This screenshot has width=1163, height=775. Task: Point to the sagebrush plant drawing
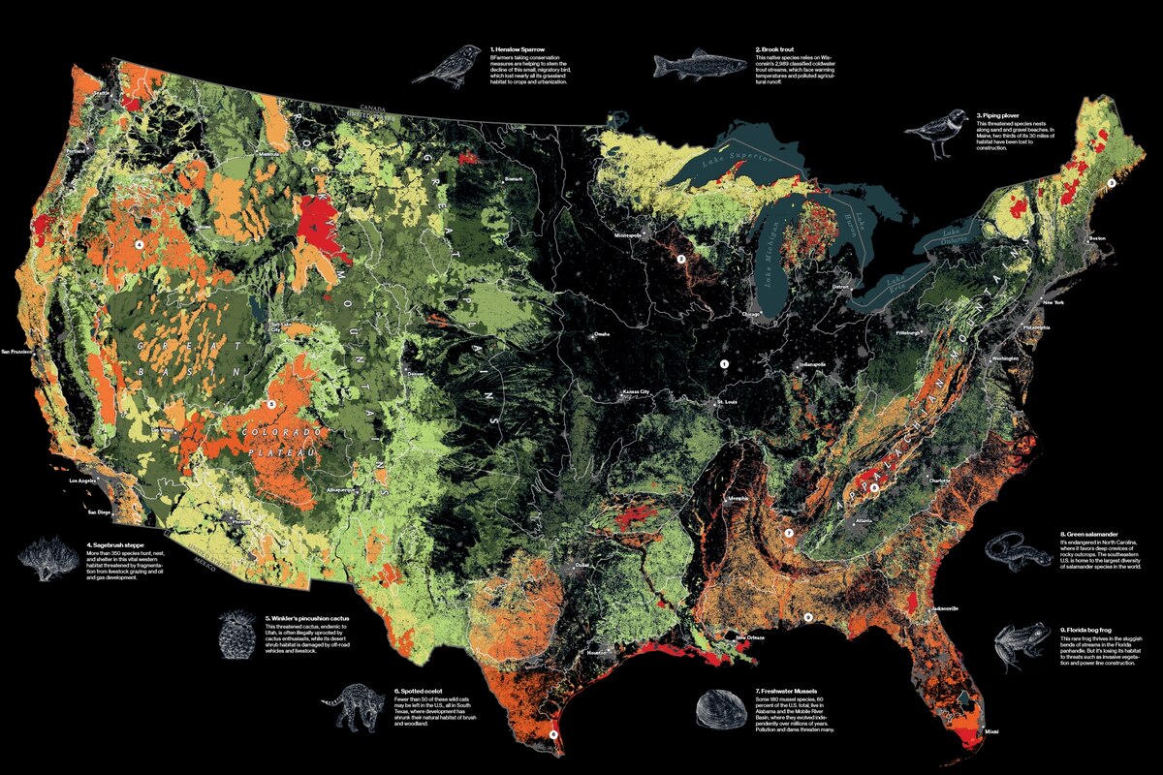click(x=47, y=560)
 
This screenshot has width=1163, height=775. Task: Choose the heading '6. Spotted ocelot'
click(x=420, y=691)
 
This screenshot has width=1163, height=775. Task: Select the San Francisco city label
click(x=23, y=351)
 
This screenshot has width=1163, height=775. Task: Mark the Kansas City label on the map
click(x=634, y=392)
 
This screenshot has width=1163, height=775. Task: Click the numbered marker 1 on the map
click(x=722, y=363)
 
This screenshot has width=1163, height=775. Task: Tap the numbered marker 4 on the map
click(x=139, y=245)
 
